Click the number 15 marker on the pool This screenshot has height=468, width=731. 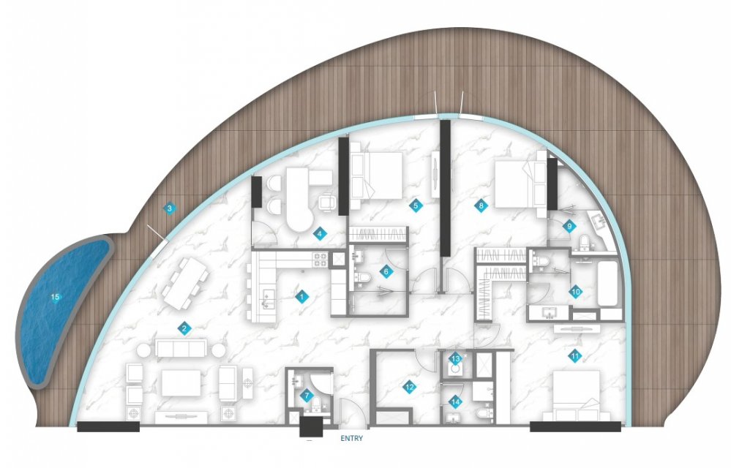pos(56,297)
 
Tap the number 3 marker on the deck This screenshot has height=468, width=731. pos(170,208)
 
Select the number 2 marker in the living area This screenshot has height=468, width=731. pos(184,329)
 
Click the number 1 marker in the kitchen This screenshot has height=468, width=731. pos(301,296)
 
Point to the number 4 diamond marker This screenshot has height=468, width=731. pos(319,234)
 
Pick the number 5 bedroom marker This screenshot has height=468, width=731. pos(416,205)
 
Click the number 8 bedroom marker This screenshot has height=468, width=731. pos(481,205)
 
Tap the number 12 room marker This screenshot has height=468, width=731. pos(409,387)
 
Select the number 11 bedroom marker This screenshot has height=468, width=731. pos(575,357)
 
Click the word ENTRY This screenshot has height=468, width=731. pos(351,438)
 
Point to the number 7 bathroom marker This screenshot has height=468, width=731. pos(307,396)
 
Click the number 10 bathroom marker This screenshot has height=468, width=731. pos(575,292)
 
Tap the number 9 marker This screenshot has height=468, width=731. pos(569,227)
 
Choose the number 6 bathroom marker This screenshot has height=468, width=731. pos(386,271)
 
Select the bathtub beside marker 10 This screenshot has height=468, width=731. pos(609,284)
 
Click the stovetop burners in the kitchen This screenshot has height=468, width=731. pos(320,260)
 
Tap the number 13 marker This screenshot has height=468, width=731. pos(455,358)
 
